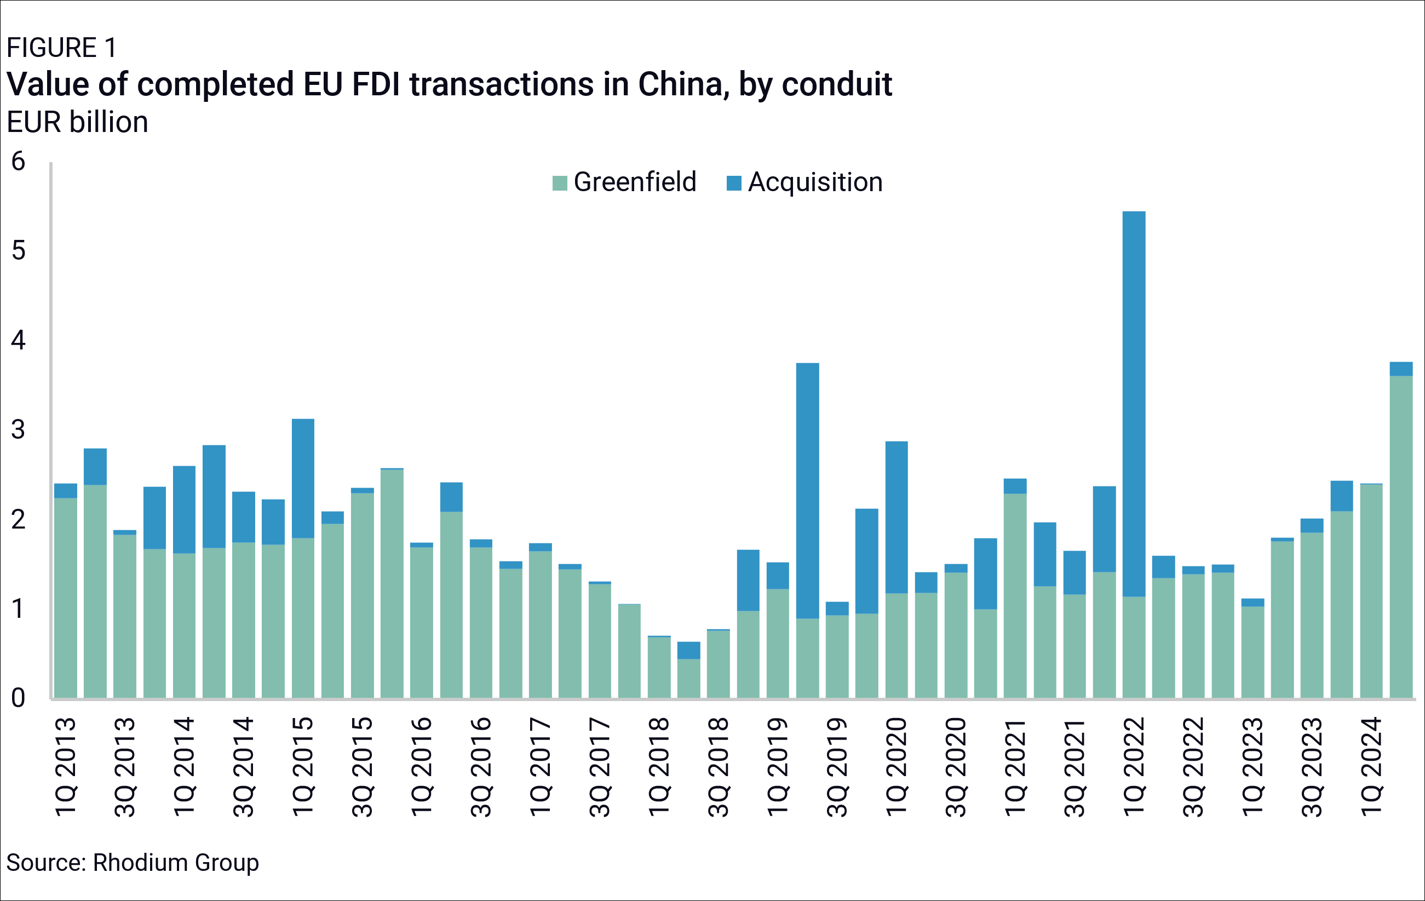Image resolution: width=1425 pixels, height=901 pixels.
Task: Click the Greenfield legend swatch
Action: pyautogui.click(x=559, y=183)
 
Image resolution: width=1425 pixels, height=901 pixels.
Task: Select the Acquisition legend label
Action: pyautogui.click(x=815, y=182)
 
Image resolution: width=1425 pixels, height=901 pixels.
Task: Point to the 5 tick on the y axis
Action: pyautogui.click(x=18, y=250)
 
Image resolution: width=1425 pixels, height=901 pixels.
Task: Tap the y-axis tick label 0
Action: pyautogui.click(x=18, y=698)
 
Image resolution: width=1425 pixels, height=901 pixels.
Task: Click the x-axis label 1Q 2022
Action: pyautogui.click(x=1134, y=767)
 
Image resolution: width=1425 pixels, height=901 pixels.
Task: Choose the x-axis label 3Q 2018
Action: pyautogui.click(x=719, y=767)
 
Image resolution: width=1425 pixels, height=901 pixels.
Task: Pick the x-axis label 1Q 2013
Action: pyautogui.click(x=66, y=767)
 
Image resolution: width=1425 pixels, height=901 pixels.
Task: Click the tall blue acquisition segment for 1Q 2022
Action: pyautogui.click(x=1134, y=403)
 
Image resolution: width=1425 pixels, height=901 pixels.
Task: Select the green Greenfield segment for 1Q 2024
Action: pyautogui.click(x=1371, y=592)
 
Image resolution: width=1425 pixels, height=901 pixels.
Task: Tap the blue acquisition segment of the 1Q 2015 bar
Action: pyautogui.click(x=303, y=478)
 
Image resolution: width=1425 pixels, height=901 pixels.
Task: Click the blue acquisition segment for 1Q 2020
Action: pyautogui.click(x=897, y=517)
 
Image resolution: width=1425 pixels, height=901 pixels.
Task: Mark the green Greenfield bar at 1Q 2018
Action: pyautogui.click(x=659, y=668)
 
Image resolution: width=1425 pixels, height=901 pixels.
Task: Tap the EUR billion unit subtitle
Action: pyautogui.click(x=78, y=122)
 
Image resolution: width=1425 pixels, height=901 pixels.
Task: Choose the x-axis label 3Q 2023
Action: pyautogui.click(x=1312, y=767)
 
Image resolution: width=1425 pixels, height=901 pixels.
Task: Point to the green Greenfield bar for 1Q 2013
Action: pyautogui.click(x=66, y=598)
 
